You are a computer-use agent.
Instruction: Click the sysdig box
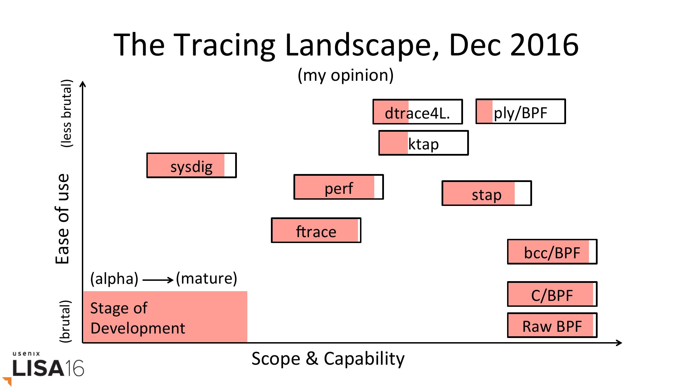pos(191,165)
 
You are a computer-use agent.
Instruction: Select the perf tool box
pos(339,187)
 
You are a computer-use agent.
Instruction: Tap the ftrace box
pos(316,230)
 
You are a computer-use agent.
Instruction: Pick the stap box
pos(487,193)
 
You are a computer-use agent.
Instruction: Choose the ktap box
pos(423,143)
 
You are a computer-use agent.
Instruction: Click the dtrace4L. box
pos(418,112)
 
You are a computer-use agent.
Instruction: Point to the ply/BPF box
pos(521,111)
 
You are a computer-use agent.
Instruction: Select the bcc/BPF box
pos(552,252)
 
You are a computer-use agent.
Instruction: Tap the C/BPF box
pos(552,294)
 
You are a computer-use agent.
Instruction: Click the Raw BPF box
pos(552,325)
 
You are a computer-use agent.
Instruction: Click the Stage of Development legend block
pos(165,317)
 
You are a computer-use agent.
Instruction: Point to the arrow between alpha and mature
pos(158,280)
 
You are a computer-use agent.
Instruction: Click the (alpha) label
pos(114,279)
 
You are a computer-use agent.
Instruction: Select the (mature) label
pos(206,278)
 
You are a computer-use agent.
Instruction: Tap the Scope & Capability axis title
pos(328,359)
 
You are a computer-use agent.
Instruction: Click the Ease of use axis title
pos(63,219)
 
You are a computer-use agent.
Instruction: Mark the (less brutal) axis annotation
pos(66,113)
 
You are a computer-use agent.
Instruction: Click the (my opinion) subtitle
pos(345,75)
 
